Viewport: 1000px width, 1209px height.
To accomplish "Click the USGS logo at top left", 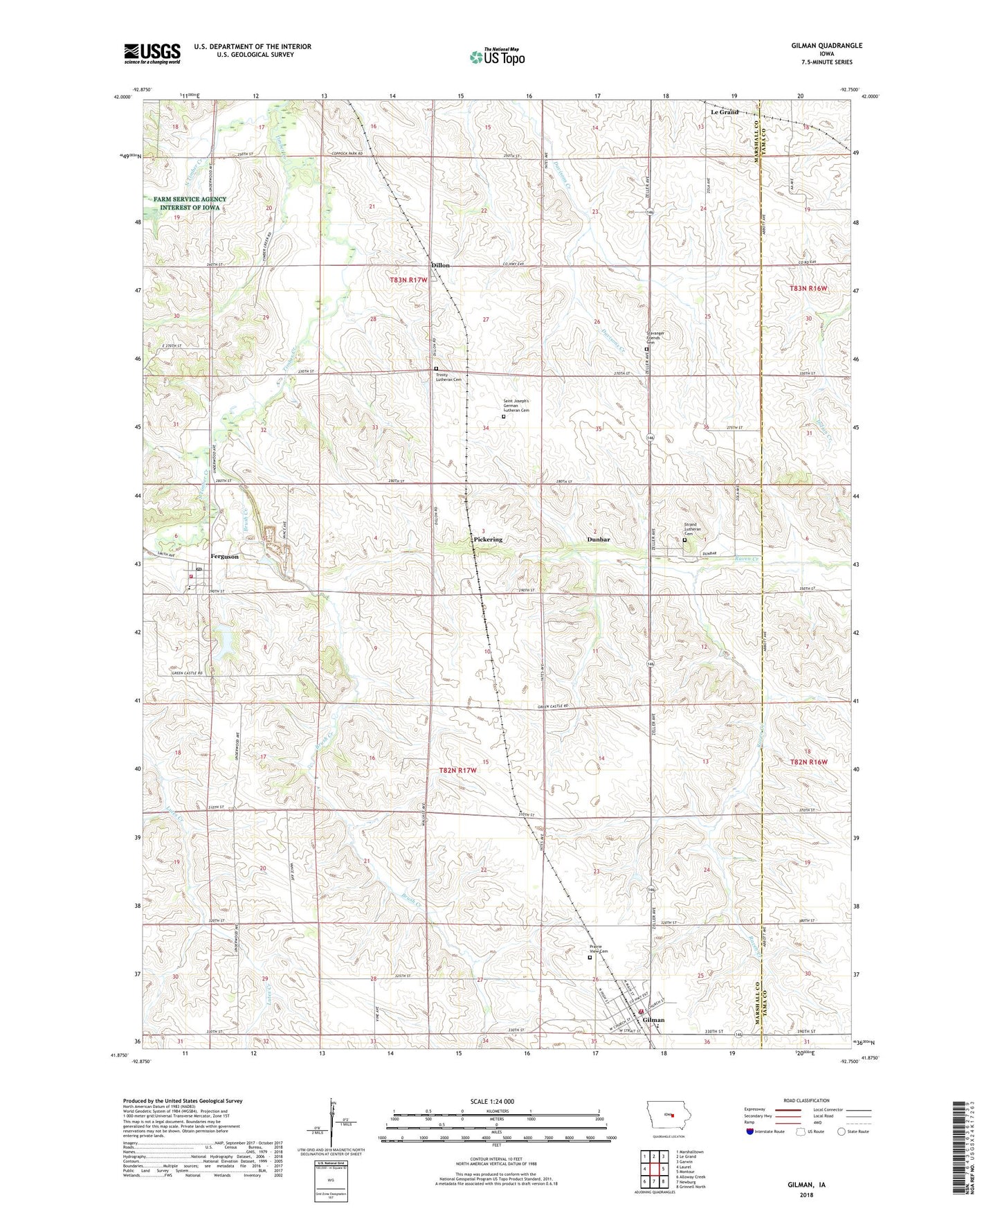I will point(152,53).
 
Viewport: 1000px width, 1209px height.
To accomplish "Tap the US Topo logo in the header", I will point(497,57).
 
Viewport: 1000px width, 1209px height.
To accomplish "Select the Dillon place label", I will point(440,265).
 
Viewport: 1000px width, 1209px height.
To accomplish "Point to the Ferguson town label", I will point(224,557).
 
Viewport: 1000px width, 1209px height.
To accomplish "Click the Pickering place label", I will point(488,539).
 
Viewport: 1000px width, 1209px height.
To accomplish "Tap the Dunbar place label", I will point(598,539).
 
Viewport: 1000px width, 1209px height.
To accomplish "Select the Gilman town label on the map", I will point(653,1020).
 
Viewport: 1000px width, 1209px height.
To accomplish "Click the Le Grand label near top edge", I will point(725,111).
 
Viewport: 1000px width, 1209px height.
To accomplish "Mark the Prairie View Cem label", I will point(599,949).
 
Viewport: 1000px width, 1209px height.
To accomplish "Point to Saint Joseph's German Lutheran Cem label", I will point(516,406).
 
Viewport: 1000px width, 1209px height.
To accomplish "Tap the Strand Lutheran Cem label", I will point(693,529).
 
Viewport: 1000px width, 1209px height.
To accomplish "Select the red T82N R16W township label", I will point(809,762).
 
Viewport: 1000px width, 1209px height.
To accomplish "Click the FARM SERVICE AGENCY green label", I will point(190,203).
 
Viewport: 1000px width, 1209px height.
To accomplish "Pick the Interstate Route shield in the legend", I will point(751,1131).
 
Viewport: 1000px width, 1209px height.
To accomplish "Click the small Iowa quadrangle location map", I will point(668,1115).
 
